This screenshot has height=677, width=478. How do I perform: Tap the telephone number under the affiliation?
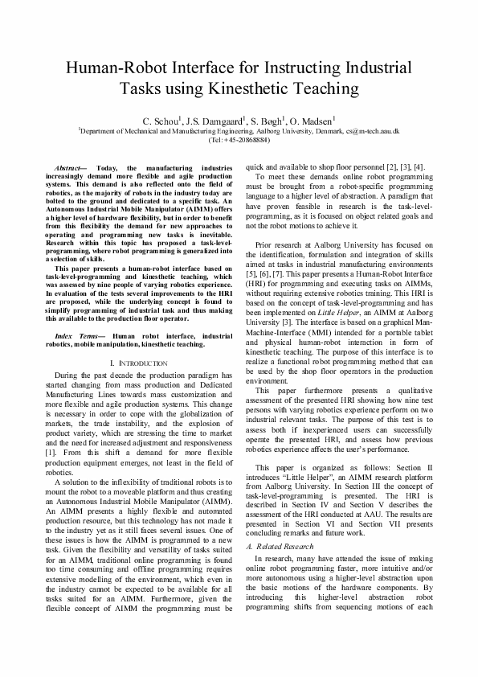tap(239, 139)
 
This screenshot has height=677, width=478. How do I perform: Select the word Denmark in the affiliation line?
tap(332, 129)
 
